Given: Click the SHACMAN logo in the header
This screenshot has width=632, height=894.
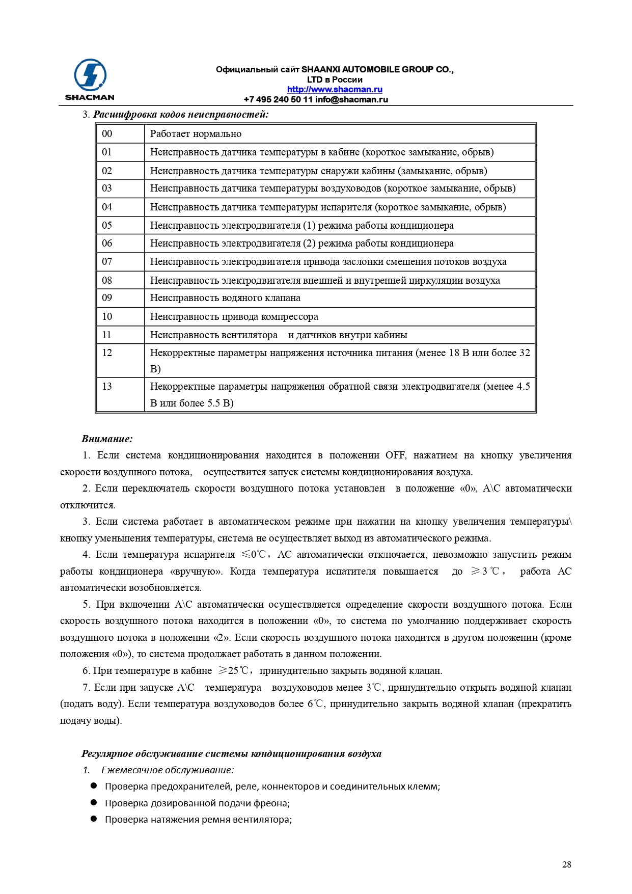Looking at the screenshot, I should coord(90,79).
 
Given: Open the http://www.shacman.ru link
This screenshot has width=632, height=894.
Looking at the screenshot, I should coord(335,90).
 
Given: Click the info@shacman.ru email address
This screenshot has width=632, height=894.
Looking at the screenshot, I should coord(351,100).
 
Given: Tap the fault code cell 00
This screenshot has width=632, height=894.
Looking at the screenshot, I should coord(107,134).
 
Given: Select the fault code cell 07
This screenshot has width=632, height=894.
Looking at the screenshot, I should coord(107,262).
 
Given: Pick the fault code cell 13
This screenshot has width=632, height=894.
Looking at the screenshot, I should coord(107,387).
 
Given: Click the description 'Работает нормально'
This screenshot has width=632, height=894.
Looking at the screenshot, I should coord(196,134).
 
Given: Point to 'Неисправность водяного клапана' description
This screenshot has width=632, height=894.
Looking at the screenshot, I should coord(225,298).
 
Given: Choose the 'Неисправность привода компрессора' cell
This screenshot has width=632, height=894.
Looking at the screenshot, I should coord(234,317).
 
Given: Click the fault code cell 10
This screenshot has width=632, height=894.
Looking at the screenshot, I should coord(107,317).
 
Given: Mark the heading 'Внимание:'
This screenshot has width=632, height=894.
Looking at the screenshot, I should coord(107,439).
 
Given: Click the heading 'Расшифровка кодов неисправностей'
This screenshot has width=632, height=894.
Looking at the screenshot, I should coord(181,115).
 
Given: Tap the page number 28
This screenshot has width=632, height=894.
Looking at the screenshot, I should coord(567,864).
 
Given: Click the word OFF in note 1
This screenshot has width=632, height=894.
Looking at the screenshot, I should coord(396,455).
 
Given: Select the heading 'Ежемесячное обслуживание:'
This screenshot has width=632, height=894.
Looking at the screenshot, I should coord(167,770).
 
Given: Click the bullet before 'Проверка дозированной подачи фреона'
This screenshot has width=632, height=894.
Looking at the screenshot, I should coord(94,802).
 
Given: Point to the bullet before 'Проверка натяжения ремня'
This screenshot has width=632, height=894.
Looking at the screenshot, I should coord(94,819).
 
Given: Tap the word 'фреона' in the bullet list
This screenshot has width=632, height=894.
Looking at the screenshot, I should coord(275,803).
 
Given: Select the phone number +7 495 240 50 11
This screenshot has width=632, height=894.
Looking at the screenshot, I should coord(278,100).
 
